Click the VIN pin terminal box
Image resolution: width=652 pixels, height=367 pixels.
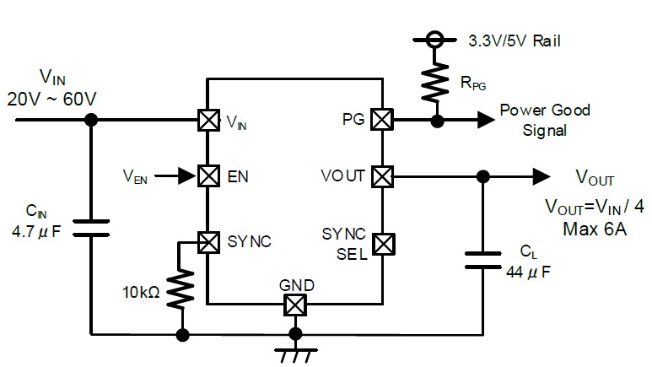[x=208, y=121]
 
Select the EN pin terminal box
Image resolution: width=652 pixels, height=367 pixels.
[x=208, y=176]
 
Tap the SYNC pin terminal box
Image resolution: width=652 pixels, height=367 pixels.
[x=208, y=242]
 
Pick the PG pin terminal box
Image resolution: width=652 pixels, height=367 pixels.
[x=382, y=120]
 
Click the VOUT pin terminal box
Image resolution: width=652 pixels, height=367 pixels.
[x=382, y=176]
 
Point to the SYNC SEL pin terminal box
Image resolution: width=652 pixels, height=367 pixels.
[x=384, y=244]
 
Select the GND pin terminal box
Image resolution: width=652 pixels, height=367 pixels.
[x=295, y=305]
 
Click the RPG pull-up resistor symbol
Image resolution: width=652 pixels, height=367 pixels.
[x=435, y=82]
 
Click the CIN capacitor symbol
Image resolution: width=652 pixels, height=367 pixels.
[x=91, y=229]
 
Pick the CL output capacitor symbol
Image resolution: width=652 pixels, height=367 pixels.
[x=482, y=260]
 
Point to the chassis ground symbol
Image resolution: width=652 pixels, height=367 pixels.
[x=296, y=356]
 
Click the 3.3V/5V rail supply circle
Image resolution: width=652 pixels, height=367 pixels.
[x=435, y=40]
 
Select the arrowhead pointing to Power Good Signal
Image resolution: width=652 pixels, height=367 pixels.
[x=486, y=120]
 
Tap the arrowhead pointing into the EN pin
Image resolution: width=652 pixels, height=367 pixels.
[x=187, y=176]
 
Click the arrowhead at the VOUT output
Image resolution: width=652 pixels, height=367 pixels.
[x=542, y=176]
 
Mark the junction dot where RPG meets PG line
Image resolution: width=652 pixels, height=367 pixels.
[x=437, y=121]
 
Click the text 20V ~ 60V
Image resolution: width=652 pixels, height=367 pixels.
[x=51, y=99]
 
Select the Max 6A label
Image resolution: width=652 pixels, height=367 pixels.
[x=595, y=229]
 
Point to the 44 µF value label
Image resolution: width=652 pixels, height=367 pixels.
[x=528, y=273]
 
